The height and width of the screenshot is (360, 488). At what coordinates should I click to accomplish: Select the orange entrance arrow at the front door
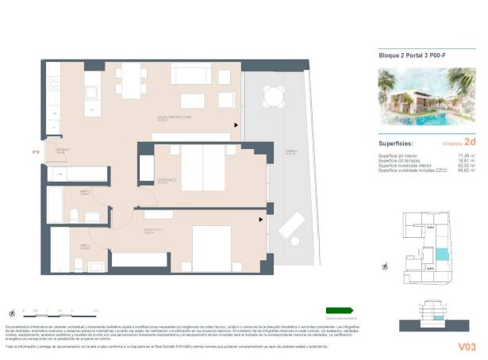[36, 153]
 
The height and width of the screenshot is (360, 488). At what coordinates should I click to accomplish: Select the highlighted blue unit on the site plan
[439, 255]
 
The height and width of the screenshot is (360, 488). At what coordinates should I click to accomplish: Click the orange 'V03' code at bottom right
[467, 347]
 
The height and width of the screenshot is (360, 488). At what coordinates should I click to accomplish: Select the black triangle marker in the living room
[236, 124]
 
